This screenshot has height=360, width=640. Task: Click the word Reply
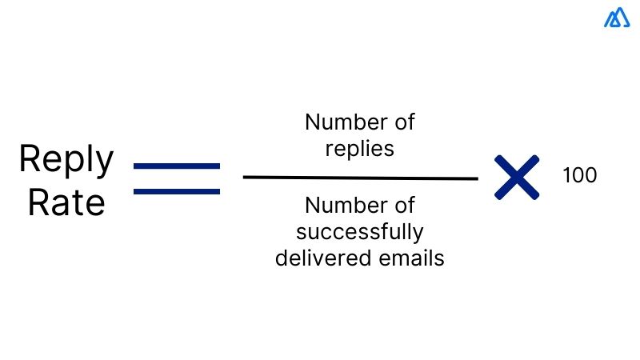(x=66, y=160)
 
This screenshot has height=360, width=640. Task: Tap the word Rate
(x=66, y=202)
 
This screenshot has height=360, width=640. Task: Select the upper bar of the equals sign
(x=177, y=166)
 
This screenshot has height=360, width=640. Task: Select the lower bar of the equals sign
(x=177, y=191)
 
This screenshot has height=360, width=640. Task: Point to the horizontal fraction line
(x=360, y=178)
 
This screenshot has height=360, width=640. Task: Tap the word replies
(x=360, y=150)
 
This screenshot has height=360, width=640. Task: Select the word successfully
(x=360, y=233)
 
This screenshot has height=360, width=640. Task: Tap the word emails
(x=412, y=259)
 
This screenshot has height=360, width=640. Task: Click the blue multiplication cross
(x=516, y=178)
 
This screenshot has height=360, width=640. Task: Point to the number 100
(x=580, y=175)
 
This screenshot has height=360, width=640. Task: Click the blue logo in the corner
(x=617, y=18)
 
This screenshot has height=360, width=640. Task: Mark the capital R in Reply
(x=30, y=159)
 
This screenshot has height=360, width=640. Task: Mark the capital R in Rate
(x=38, y=202)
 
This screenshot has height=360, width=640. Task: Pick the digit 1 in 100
(x=566, y=175)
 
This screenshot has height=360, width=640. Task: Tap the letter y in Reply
(x=104, y=164)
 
